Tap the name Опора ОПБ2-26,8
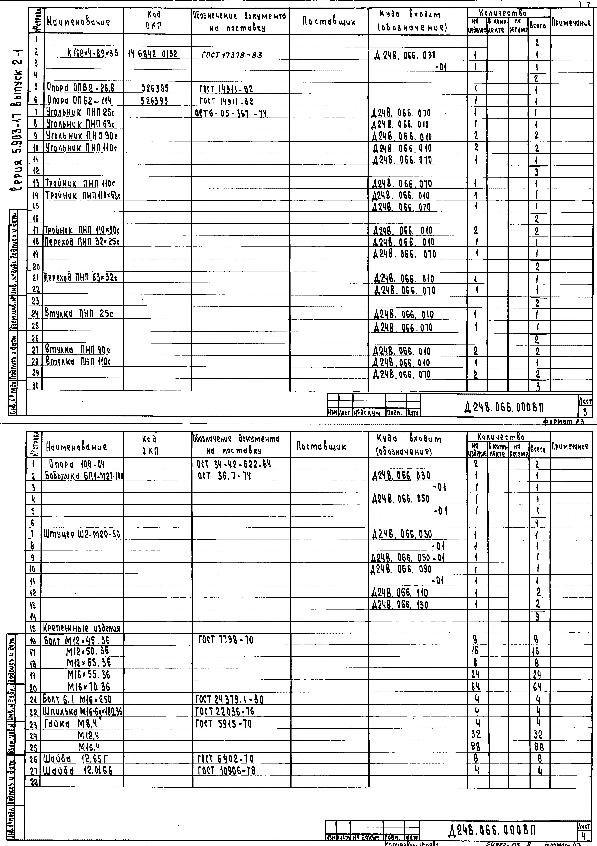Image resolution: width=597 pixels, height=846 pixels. [80, 88]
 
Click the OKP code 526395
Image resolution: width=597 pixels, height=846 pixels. [154, 101]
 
